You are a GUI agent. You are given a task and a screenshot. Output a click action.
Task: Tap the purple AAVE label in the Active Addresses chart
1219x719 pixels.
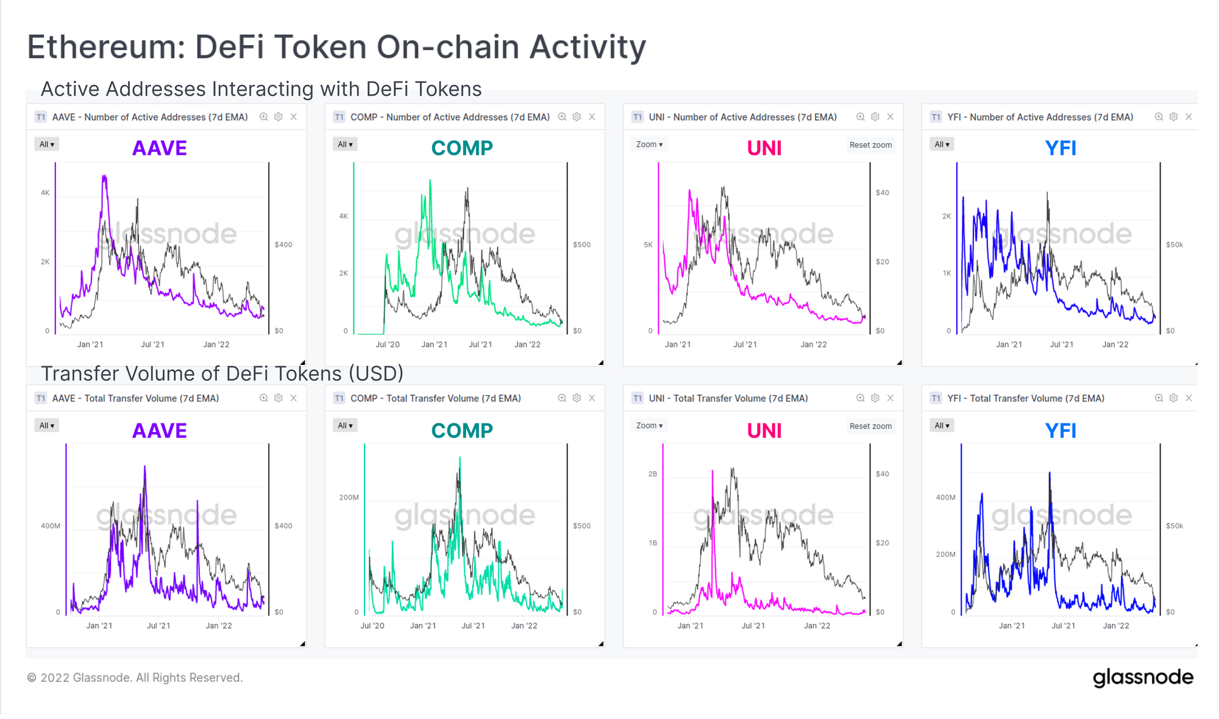[x=160, y=148]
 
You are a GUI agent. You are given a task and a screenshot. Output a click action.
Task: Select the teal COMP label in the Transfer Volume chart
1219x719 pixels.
[x=462, y=431]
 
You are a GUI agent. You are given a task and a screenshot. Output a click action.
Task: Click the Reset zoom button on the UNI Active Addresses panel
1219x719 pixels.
[x=870, y=145]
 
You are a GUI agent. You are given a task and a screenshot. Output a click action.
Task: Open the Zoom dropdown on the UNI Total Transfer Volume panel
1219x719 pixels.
[x=649, y=426]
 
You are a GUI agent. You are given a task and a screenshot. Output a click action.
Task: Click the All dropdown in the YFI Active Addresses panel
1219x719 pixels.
[x=942, y=144]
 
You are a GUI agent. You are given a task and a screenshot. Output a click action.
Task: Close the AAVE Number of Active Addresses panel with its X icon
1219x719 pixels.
[x=294, y=117]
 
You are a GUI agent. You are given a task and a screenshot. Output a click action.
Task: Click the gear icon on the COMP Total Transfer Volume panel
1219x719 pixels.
[x=577, y=398]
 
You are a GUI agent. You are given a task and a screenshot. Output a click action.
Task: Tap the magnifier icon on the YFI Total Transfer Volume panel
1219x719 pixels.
[x=1159, y=398]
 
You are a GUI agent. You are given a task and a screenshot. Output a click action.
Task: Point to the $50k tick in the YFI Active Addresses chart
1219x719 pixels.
[x=1175, y=245]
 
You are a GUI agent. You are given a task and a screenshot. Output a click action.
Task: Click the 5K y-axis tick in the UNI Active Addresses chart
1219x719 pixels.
[x=648, y=245]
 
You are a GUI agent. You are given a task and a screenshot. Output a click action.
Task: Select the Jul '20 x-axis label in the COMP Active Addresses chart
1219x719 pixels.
[x=388, y=344]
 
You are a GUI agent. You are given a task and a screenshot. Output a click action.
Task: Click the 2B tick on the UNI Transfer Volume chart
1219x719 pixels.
[x=653, y=474]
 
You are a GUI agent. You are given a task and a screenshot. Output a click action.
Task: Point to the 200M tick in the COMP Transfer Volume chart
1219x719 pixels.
[x=349, y=498]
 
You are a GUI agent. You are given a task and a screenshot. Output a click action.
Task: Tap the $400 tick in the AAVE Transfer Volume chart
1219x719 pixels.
[x=283, y=526]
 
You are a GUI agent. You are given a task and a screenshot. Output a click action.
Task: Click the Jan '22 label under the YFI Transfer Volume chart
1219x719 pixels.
[x=1116, y=626]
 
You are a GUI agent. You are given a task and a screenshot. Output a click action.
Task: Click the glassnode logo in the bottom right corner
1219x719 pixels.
[x=1143, y=678]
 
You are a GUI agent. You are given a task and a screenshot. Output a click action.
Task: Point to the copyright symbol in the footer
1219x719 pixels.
[x=32, y=678]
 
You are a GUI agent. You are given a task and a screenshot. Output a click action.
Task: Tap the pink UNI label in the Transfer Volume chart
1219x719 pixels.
[x=764, y=431]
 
